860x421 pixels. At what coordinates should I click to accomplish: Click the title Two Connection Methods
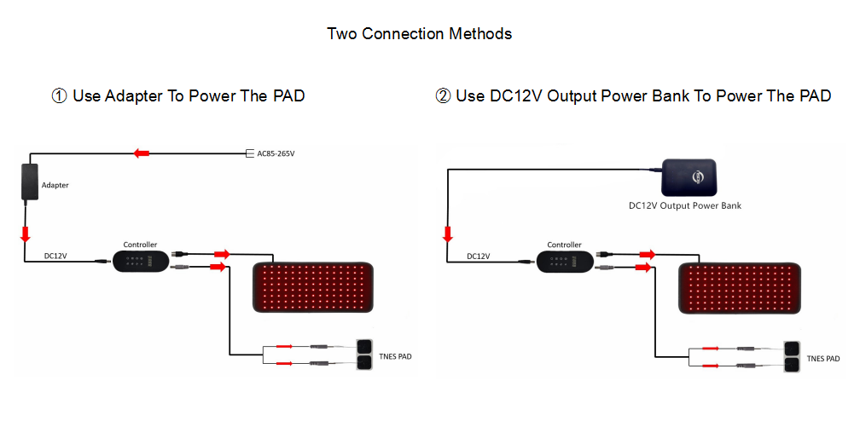tap(419, 34)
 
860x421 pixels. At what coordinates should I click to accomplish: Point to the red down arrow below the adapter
tap(26, 234)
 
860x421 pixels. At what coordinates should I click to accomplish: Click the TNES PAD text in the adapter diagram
tap(394, 356)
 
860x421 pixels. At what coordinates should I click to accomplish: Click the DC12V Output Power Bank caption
tap(685, 205)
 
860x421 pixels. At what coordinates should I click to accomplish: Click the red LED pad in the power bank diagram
tap(740, 287)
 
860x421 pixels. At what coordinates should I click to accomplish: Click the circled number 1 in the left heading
tap(60, 96)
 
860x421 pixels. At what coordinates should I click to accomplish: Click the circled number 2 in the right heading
tap(443, 96)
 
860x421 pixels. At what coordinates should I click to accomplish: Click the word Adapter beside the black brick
tap(55, 185)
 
